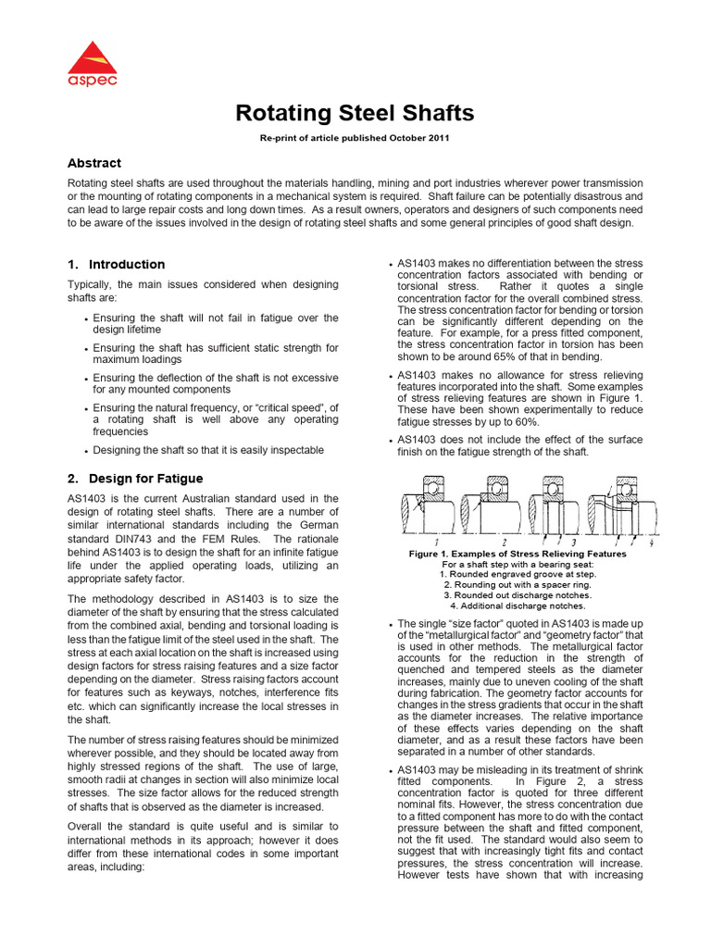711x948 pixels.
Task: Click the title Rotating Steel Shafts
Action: point(355,113)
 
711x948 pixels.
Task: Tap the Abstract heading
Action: point(94,163)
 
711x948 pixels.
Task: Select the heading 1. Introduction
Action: point(116,264)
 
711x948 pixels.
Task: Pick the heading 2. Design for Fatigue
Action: point(134,479)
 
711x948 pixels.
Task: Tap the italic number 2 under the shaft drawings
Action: point(503,541)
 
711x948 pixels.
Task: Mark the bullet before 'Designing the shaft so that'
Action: point(86,451)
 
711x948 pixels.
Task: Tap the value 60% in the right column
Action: point(524,422)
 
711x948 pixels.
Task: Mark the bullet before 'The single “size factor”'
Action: point(391,626)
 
